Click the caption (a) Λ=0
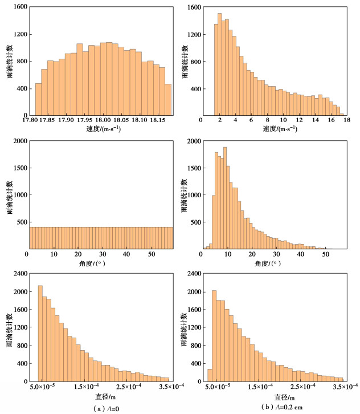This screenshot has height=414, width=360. click(x=108, y=407)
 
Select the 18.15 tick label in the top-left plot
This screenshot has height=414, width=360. click(x=154, y=121)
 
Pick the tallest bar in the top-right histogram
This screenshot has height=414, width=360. click(x=220, y=64)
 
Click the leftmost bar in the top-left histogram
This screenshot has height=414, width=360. click(x=39, y=99)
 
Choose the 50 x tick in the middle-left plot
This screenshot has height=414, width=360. click(x=152, y=254)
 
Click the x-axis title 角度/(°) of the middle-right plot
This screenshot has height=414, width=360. click(x=273, y=264)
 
